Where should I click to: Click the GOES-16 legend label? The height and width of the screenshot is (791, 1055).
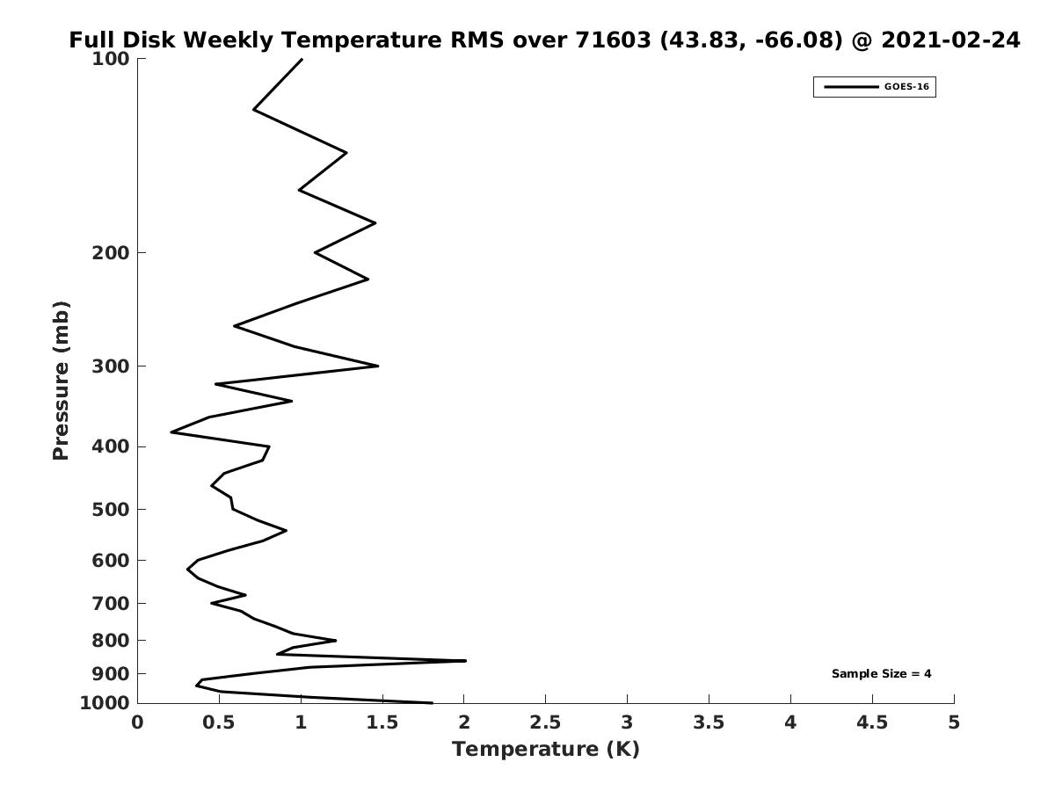[906, 87]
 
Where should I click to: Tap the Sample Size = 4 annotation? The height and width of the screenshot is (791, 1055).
[881, 674]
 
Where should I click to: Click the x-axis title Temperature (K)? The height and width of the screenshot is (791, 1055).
[545, 749]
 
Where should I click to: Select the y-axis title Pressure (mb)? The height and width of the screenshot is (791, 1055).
[60, 381]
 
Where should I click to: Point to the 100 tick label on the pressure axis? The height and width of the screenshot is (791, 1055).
[111, 59]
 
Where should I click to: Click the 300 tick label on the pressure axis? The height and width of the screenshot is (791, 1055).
[111, 366]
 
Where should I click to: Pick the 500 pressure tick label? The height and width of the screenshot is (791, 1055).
[111, 510]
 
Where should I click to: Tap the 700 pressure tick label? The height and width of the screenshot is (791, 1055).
[111, 603]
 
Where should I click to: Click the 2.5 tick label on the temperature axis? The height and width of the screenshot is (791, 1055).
[545, 722]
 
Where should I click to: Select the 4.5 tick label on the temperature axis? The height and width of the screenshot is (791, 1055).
[872, 722]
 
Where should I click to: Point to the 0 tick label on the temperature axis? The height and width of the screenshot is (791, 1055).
[138, 722]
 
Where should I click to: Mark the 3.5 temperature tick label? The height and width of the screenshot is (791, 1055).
[709, 722]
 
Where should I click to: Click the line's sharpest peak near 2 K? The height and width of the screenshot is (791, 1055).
[465, 660]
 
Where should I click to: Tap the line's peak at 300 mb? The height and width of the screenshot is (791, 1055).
[378, 366]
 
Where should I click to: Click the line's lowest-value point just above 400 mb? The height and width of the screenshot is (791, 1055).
[171, 432]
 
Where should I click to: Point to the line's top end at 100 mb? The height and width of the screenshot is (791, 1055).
[302, 59]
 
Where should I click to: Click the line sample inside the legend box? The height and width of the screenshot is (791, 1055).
[850, 87]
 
